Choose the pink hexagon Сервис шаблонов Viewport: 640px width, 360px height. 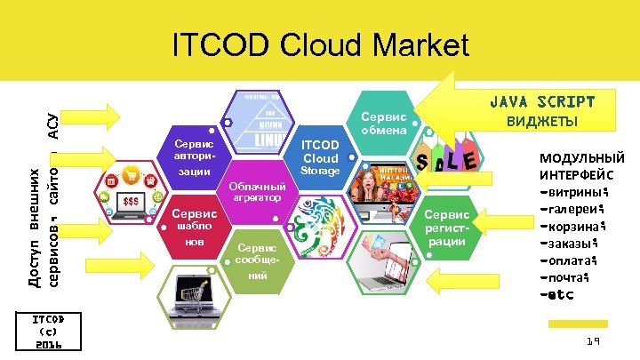(x=194, y=227)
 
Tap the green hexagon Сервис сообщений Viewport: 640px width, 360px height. (x=257, y=261)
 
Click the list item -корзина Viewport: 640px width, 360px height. (x=569, y=226)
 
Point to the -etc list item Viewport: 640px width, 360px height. (x=556, y=294)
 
